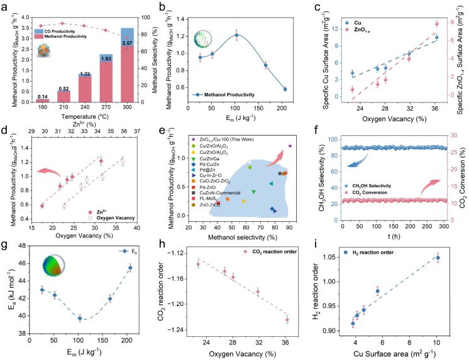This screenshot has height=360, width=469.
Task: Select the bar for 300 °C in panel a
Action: pos(126,65)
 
